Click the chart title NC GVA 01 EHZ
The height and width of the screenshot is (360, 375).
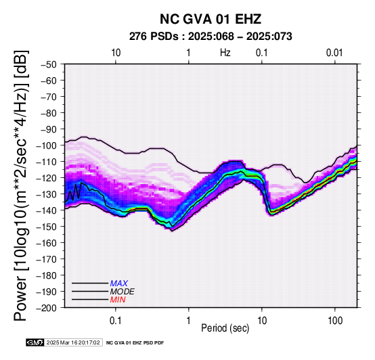(x=211, y=19)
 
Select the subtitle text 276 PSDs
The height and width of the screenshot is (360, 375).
(x=154, y=37)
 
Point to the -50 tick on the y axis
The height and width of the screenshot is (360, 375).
(x=48, y=64)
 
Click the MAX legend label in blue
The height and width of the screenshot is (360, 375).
(x=119, y=284)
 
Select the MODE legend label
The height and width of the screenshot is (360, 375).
(x=123, y=292)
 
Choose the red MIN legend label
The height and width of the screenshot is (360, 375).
(x=118, y=300)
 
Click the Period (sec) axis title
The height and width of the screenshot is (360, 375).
(x=225, y=328)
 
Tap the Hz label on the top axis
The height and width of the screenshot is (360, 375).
(x=225, y=53)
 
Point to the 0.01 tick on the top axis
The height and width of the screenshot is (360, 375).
(x=334, y=53)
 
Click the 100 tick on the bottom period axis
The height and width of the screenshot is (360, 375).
(x=335, y=321)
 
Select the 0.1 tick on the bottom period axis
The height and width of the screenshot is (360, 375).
(x=116, y=321)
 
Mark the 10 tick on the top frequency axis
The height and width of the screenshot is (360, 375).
(x=116, y=53)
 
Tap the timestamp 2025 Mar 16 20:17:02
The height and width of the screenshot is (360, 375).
(x=73, y=342)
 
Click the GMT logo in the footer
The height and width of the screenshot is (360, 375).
(x=35, y=342)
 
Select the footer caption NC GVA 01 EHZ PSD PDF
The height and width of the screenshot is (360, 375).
(x=135, y=343)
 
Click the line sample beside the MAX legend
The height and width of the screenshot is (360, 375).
(x=90, y=284)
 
